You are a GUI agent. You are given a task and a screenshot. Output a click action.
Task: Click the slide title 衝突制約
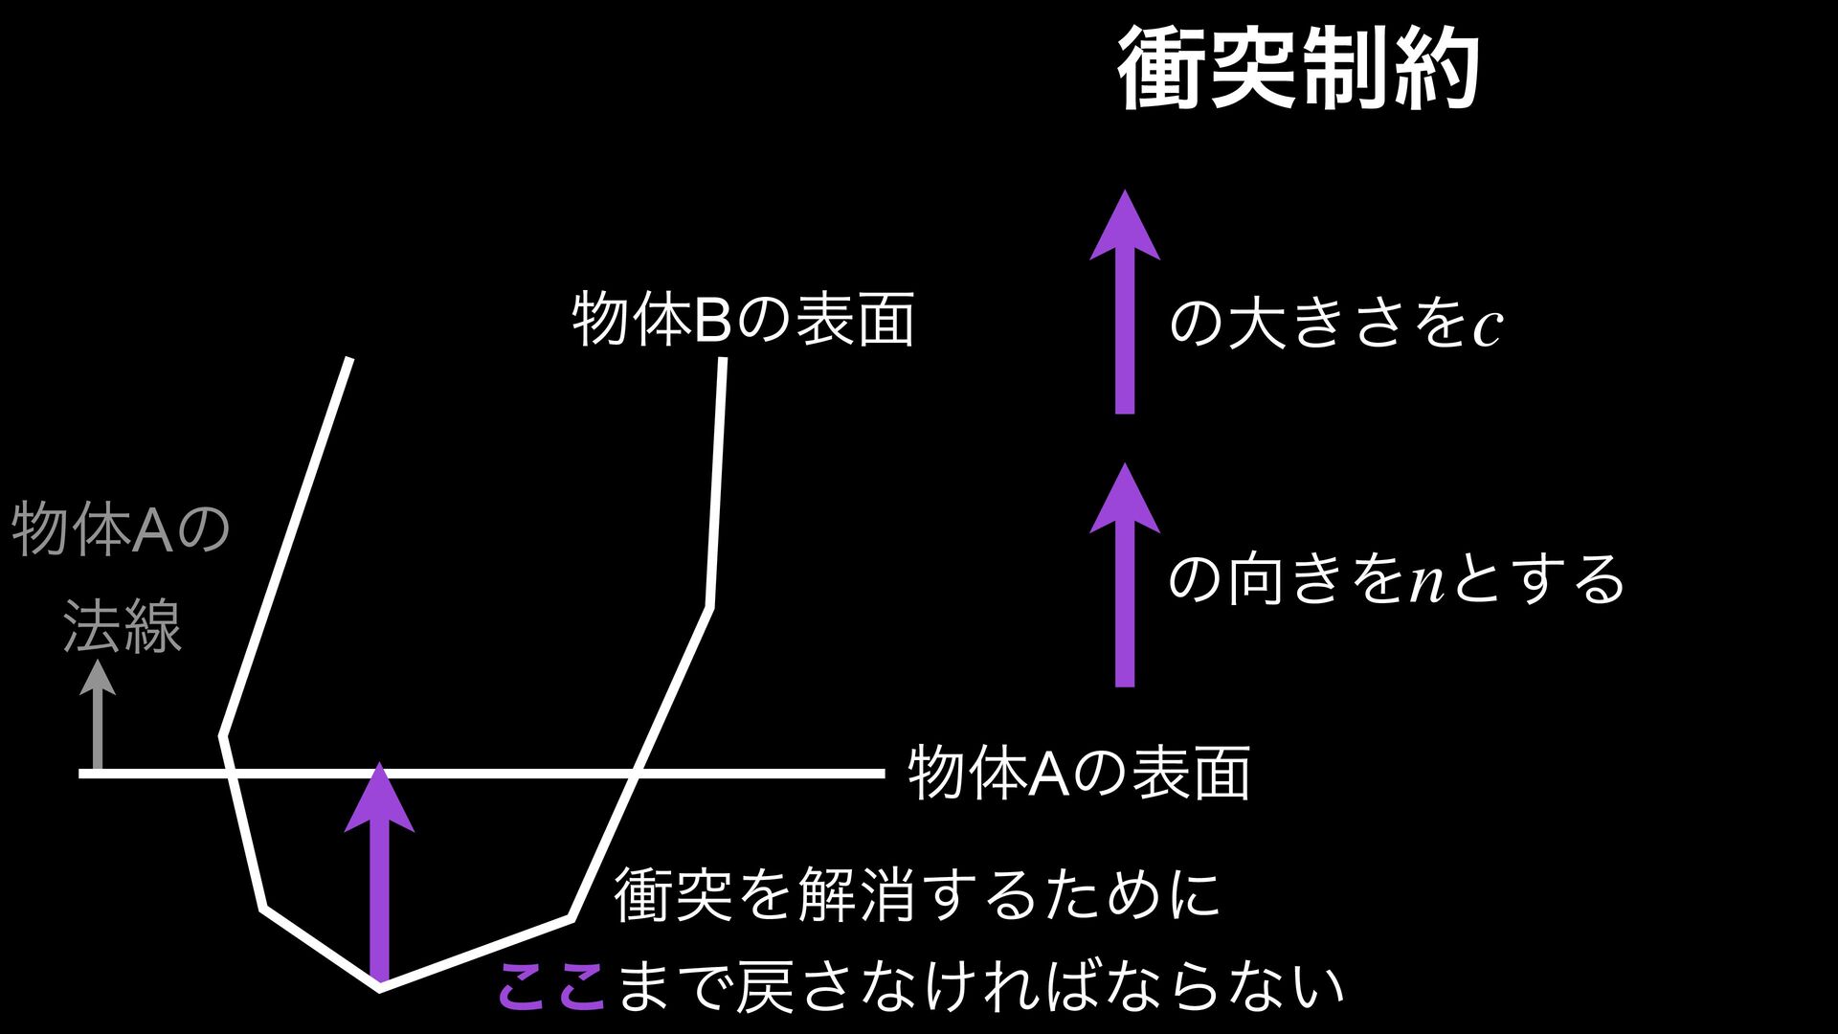click(1299, 69)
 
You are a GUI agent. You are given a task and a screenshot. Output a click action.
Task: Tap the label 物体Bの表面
click(743, 321)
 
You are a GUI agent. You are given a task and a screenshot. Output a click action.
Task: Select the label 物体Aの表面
click(1079, 774)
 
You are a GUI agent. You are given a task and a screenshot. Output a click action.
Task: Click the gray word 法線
click(122, 628)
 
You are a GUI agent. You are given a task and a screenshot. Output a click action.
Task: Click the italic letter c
click(1487, 328)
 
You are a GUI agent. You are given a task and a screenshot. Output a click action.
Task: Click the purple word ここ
click(551, 986)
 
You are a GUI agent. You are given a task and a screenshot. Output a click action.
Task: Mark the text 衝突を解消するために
click(917, 894)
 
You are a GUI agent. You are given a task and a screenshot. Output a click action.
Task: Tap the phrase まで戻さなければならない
click(980, 986)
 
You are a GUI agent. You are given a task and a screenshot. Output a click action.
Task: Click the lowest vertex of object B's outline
click(380, 989)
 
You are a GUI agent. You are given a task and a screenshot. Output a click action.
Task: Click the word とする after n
click(1538, 580)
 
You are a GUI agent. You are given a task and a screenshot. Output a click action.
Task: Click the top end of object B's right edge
click(722, 360)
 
